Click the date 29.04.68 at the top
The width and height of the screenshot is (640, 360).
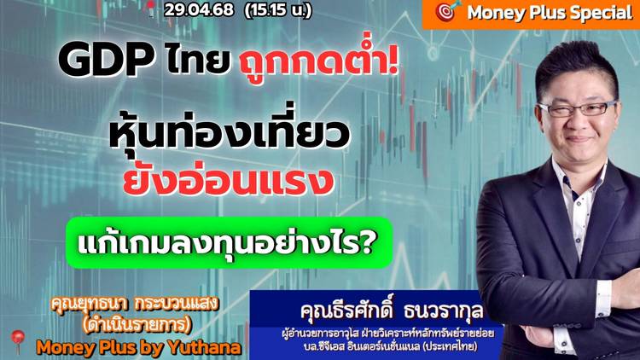click(x=199, y=9)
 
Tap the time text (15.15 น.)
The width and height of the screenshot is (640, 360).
click(x=278, y=9)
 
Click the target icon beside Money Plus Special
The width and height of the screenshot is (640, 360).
click(x=447, y=11)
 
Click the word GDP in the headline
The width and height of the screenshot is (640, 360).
click(x=107, y=60)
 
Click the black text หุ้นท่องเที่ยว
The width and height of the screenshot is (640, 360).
click(x=229, y=131)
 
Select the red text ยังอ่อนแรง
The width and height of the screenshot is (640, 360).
click(x=229, y=180)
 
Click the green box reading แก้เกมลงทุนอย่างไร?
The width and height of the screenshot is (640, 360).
click(x=229, y=242)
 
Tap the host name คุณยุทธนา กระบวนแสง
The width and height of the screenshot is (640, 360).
click(x=135, y=304)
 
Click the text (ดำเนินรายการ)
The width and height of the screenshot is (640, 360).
click(x=137, y=325)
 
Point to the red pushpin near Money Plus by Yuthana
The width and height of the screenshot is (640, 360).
click(x=18, y=340)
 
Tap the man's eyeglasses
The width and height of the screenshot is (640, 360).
click(x=578, y=107)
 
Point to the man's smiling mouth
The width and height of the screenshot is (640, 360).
click(x=579, y=139)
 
